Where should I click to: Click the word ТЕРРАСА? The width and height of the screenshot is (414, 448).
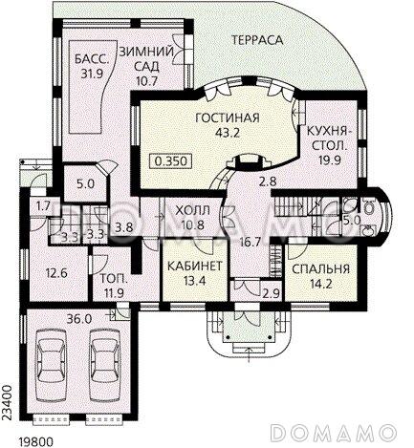[255, 41]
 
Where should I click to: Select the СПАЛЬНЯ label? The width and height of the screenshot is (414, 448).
[318, 268]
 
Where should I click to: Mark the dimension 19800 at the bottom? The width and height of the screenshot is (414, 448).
[35, 438]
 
